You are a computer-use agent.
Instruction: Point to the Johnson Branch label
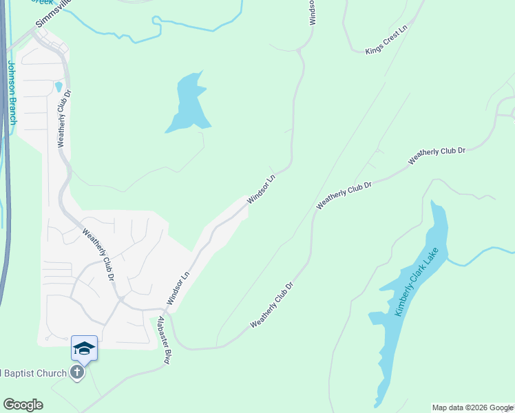coord(12,92)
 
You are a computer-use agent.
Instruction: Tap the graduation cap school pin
coord(84,348)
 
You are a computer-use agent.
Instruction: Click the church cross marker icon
coord(78,374)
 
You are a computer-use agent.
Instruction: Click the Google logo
coord(23,405)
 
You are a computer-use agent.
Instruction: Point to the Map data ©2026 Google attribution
coord(472,407)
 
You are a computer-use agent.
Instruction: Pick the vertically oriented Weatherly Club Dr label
coord(65,118)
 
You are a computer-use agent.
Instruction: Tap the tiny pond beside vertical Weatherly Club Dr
coord(59,87)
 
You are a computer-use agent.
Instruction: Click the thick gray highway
coord(5,172)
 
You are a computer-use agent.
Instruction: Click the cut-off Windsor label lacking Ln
coord(312,12)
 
